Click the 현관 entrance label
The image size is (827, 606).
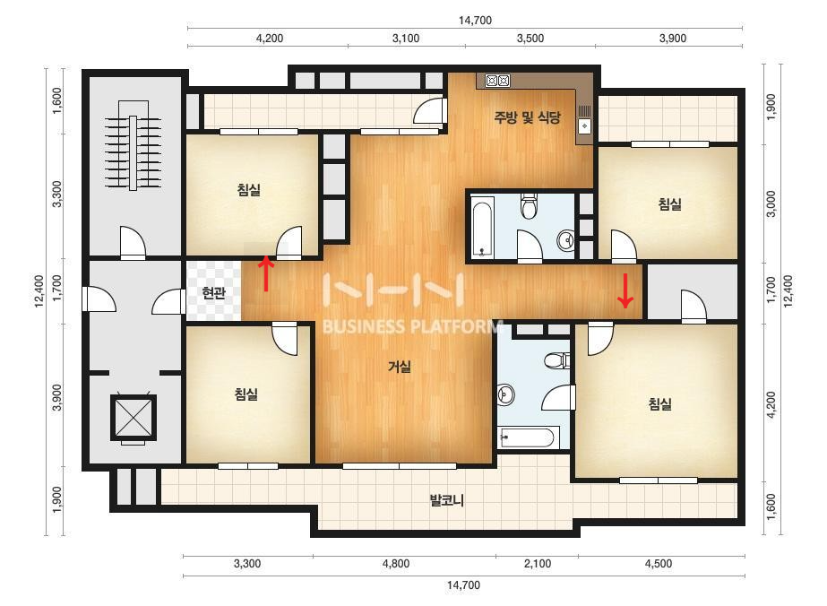[213, 292]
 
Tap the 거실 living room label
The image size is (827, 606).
[400, 366]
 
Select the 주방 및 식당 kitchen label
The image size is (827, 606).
[527, 117]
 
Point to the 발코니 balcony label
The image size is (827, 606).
[447, 500]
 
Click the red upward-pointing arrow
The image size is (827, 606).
[267, 273]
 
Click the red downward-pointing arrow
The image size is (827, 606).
[625, 290]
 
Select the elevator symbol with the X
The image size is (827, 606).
[134, 418]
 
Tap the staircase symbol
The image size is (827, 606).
[133, 145]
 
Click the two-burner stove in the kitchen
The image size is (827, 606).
[498, 81]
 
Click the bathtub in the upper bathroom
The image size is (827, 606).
[481, 228]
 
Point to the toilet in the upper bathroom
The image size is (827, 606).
[529, 205]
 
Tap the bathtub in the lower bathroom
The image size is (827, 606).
[526, 438]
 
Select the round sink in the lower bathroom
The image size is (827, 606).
[506, 394]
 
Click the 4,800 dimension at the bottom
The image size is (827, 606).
[395, 564]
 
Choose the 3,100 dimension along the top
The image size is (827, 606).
[406, 38]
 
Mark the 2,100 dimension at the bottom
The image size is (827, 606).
[538, 564]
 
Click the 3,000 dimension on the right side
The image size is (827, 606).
[771, 203]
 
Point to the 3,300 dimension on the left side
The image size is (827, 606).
[57, 194]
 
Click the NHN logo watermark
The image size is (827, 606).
[393, 290]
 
